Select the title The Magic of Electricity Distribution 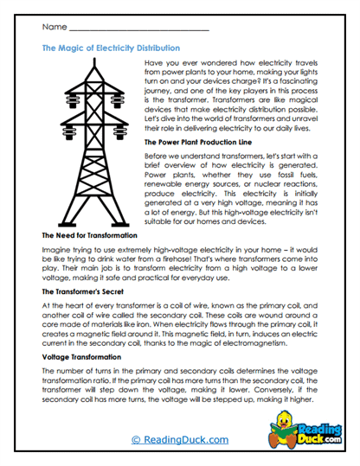[111, 49]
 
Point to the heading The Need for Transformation [89, 235]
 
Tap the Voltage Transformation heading [84, 356]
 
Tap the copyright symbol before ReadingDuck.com [136, 439]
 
